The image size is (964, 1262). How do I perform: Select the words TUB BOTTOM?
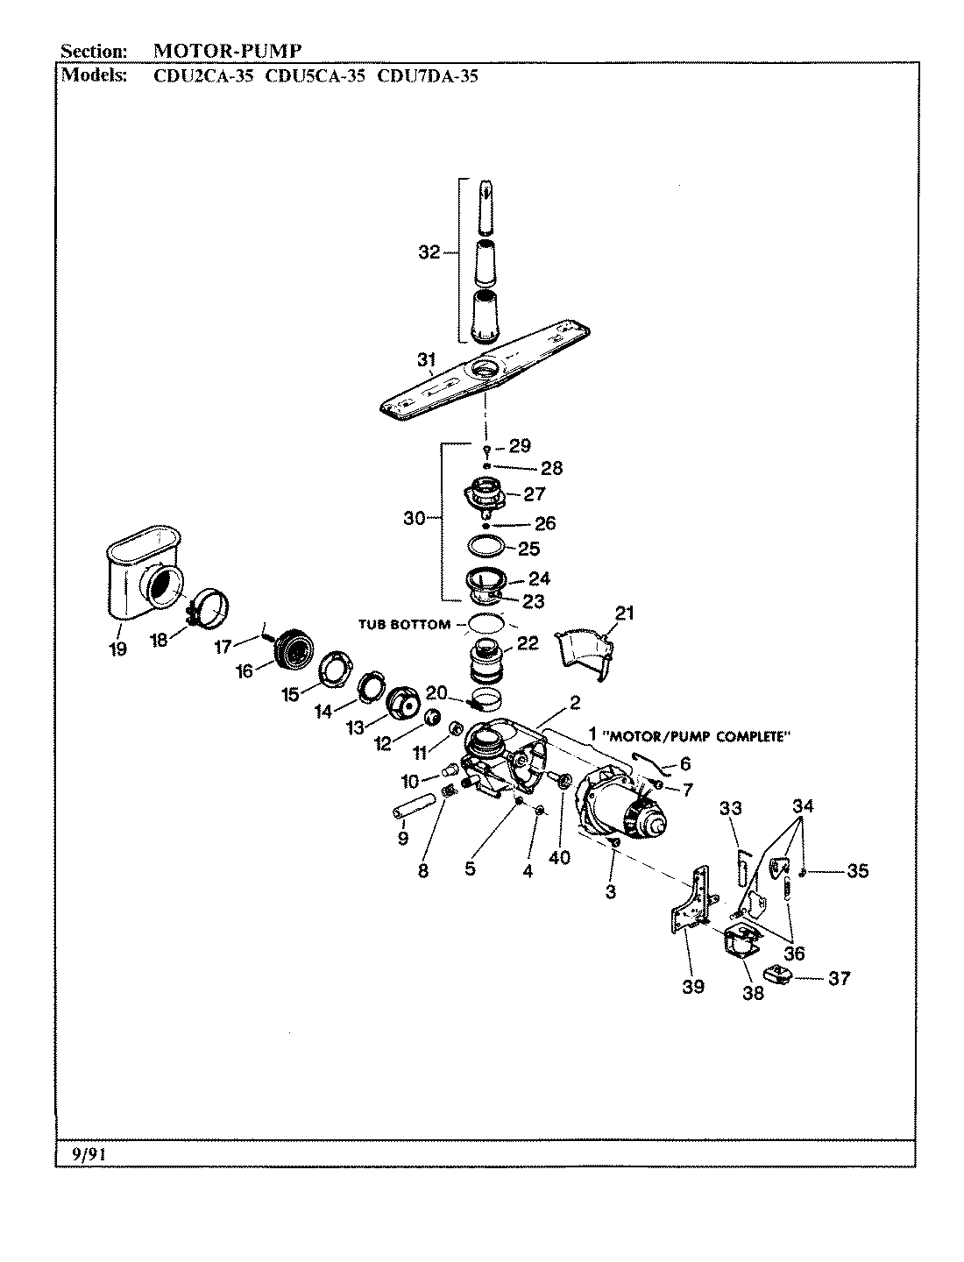click(404, 625)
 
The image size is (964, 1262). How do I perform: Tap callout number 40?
click(559, 858)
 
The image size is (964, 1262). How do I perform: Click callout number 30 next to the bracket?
click(414, 518)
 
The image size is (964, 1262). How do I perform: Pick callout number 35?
click(857, 871)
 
